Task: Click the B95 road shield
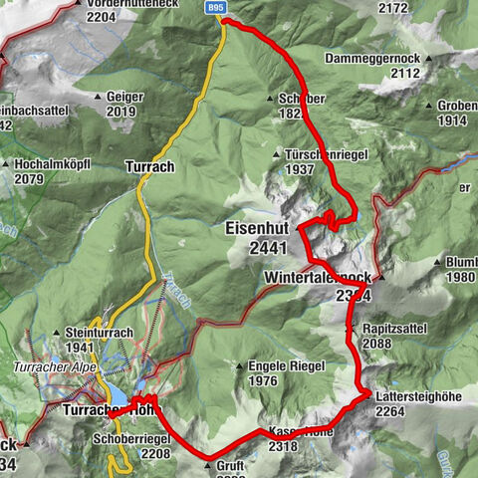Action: tap(216, 7)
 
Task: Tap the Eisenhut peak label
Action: tap(257, 228)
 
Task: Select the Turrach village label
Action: tap(149, 166)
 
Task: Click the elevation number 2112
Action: tap(404, 73)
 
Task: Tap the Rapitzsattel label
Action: tap(392, 329)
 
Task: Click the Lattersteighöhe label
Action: tap(418, 396)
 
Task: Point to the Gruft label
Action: tap(229, 465)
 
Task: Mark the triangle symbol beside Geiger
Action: tap(98, 98)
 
